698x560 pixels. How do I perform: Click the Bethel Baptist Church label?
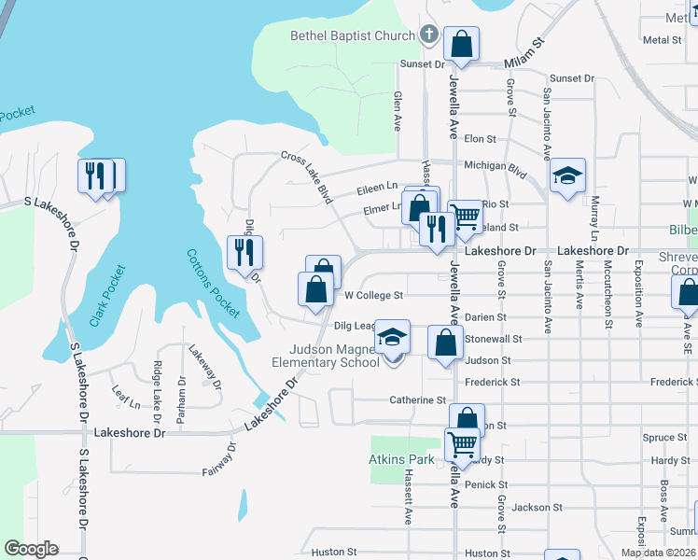353,36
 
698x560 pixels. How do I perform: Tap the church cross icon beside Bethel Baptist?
429,35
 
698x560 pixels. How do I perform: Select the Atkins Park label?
400,460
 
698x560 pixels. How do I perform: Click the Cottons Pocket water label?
213,283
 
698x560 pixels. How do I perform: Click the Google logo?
31,549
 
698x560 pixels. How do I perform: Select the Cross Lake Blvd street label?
307,178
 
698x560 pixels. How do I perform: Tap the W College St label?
373,295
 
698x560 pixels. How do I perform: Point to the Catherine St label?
418,400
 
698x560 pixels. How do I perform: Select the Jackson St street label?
530,508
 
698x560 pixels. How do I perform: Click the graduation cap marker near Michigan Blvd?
566,176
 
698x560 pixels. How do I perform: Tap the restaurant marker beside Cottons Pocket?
244,253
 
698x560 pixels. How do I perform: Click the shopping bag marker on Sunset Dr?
462,43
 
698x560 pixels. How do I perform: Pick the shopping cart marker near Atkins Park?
463,445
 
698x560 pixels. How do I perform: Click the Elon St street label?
480,138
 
